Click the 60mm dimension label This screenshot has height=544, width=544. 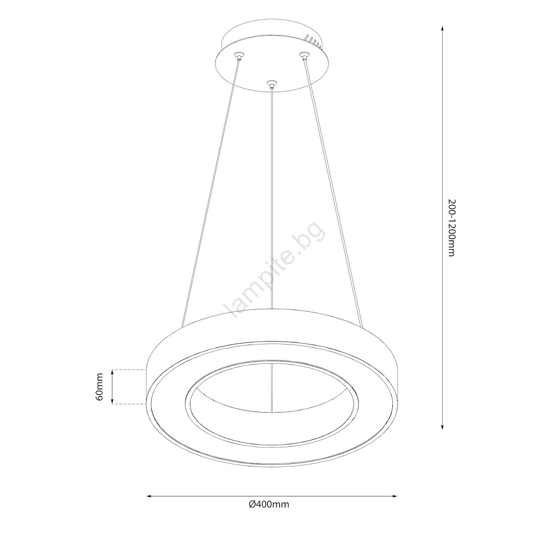click(99, 387)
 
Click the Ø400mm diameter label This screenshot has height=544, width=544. click(269, 504)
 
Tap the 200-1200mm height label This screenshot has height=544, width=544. click(451, 228)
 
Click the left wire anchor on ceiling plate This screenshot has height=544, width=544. click(239, 55)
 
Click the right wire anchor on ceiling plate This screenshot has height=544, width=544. click(304, 55)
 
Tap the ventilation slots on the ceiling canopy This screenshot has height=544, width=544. click(314, 40)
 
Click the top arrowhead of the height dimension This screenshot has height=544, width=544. click(442, 28)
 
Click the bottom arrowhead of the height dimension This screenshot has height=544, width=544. click(442, 428)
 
